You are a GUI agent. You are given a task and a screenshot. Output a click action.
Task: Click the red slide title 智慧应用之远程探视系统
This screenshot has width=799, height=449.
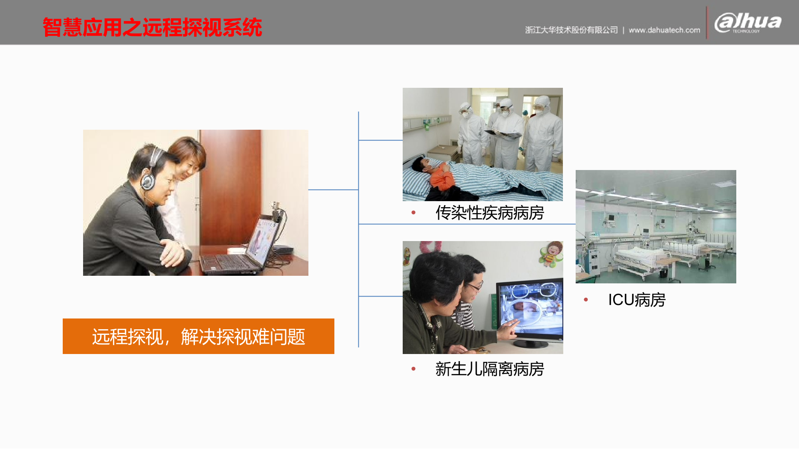point(152,28)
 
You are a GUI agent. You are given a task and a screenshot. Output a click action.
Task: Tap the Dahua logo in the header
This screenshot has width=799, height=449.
point(747,23)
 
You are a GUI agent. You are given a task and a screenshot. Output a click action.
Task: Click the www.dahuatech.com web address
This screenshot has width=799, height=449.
point(664,30)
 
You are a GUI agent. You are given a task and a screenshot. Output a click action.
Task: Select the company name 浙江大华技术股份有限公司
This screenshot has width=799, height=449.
point(571,30)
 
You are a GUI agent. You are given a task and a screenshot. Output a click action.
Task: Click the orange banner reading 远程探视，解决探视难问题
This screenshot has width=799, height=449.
point(199,336)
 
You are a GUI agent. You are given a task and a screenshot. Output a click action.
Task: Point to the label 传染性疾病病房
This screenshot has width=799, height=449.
point(490,213)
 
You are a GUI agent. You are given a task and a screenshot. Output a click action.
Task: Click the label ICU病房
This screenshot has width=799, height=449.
point(637,300)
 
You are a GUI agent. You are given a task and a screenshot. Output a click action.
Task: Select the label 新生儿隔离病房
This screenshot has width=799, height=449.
point(490,369)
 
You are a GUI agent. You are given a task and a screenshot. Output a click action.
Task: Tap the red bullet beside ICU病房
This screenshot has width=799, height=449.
point(586,299)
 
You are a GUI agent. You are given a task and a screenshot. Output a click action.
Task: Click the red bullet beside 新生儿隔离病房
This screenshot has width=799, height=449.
point(413,369)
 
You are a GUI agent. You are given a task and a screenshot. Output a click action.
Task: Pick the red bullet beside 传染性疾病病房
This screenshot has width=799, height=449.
point(413,212)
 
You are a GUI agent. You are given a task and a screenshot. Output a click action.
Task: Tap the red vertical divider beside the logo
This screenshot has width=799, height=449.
point(707,23)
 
